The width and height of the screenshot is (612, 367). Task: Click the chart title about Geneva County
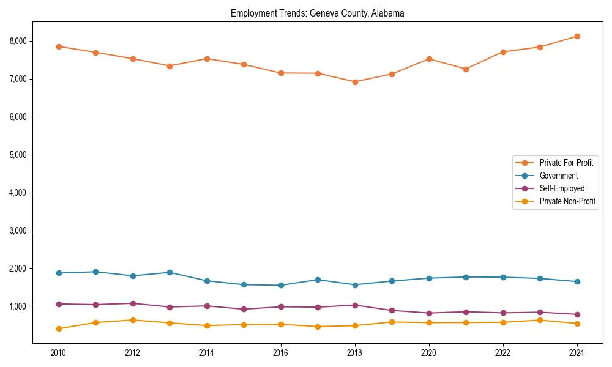317,13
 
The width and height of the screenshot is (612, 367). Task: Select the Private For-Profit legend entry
565,163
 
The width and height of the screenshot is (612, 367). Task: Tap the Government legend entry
558,176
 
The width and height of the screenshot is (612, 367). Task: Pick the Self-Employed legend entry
562,188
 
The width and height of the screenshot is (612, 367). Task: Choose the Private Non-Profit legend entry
567,201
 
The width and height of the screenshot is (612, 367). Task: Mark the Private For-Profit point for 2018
355,82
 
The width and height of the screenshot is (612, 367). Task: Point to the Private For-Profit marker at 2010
59,46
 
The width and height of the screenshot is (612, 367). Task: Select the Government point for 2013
170,272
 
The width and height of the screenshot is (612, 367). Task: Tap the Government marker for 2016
281,285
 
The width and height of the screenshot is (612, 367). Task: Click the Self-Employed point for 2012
133,303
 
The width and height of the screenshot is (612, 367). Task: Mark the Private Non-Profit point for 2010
59,328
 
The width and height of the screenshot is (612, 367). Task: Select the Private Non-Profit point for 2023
540,320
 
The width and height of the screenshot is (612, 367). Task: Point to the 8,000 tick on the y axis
18,41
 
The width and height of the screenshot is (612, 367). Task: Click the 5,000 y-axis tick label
18,155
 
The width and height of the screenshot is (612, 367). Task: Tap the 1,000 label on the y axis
18,306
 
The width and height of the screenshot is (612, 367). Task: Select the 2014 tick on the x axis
207,353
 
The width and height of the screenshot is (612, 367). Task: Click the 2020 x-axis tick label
429,353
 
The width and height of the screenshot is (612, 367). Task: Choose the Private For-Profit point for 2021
466,69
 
